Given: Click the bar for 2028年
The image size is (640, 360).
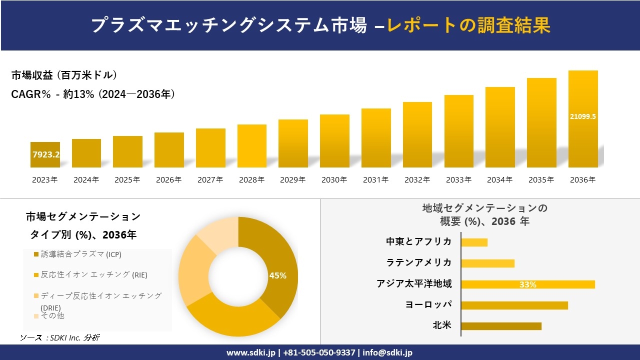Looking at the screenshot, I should point(252,146).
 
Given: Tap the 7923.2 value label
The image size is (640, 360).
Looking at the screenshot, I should point(46,155).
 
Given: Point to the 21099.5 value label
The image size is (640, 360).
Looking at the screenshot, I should point(583,116).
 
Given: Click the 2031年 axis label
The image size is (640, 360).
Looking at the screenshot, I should point(375,180).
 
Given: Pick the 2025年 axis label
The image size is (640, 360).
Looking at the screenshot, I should point(127,180).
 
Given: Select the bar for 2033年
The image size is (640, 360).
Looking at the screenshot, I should point(458,131).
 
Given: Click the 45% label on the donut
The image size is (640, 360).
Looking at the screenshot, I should point(278,275).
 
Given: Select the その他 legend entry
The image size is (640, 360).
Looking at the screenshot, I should point(52,316).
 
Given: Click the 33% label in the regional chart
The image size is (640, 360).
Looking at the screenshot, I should point(527,284).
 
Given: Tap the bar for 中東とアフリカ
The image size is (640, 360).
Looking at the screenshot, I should point(474,242).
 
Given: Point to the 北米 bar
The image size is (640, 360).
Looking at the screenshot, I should point(501,326).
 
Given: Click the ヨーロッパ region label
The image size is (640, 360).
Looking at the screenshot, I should point(428,304).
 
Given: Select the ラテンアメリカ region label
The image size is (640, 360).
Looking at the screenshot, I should point(418,262).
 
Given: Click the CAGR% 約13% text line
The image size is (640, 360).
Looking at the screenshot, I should point(93,94).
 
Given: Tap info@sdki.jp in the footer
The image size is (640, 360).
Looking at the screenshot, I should point(387,352).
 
